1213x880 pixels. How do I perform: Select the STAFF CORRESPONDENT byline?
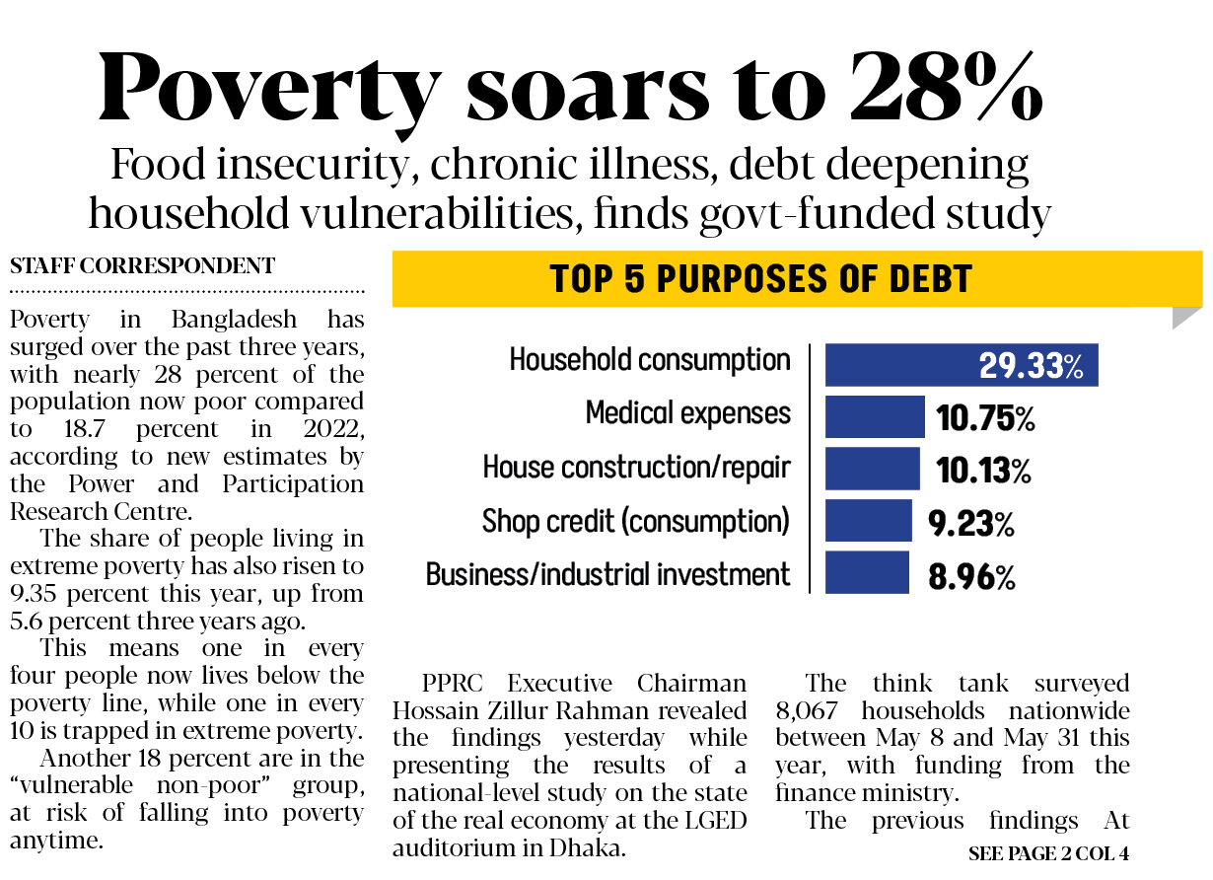pos(142,265)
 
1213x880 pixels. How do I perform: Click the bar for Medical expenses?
pos(875,416)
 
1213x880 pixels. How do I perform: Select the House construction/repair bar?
pos(872,469)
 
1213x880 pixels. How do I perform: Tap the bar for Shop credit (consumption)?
pos(868,521)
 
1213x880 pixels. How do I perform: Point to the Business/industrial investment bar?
pos(867,573)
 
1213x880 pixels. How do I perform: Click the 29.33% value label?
pos(1032,366)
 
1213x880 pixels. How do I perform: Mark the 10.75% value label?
pos(985,418)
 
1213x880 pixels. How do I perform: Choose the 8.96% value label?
pos(971,576)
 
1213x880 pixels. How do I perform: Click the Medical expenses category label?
pos(688,412)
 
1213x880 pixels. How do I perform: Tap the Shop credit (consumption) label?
pos(636,520)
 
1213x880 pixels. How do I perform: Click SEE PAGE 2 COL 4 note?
pos(1048,853)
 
